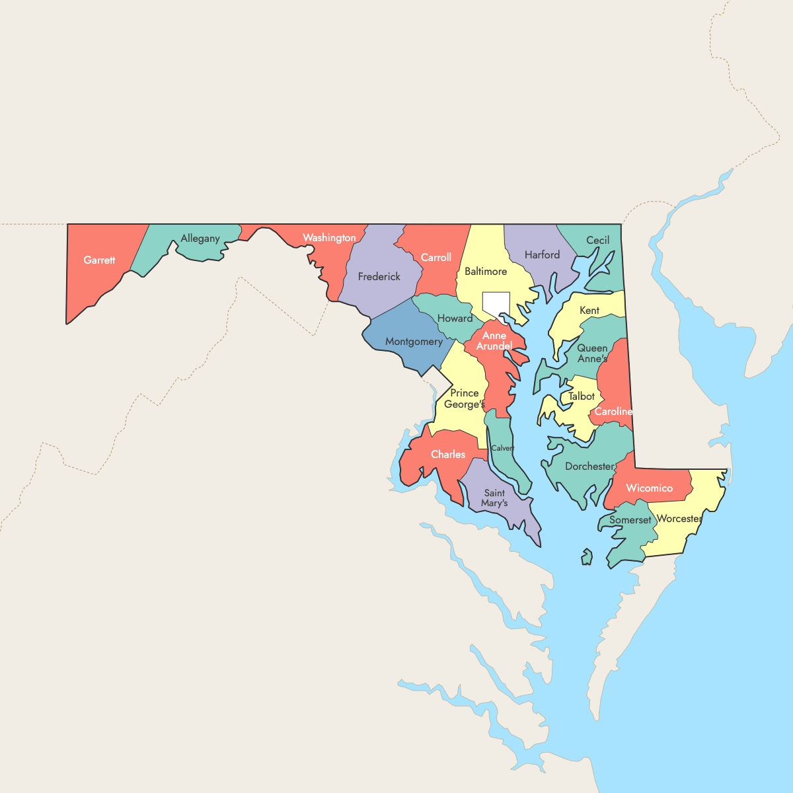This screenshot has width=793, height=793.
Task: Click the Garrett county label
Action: point(99,260)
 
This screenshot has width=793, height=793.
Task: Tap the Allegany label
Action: point(200,239)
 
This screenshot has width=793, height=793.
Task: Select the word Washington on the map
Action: point(329,238)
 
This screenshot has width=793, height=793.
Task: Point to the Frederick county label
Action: point(379,277)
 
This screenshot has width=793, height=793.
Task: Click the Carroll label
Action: point(436,258)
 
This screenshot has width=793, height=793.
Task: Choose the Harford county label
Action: point(542,255)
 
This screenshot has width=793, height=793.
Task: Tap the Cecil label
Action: point(598,241)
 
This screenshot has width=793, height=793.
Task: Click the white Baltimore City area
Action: point(496,303)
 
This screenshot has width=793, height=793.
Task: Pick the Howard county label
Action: point(455,319)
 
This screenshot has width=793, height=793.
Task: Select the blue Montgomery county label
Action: point(414,342)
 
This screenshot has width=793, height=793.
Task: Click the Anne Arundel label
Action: point(494,341)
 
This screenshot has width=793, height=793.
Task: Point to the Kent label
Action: point(589,311)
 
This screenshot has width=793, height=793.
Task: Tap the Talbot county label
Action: point(582,397)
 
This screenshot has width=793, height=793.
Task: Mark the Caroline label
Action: point(613,412)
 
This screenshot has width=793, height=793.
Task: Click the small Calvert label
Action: point(503,448)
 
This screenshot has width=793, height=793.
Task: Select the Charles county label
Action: point(448,455)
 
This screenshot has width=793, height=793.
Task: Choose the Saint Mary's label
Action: point(494,498)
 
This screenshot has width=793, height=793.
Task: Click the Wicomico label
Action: point(649,488)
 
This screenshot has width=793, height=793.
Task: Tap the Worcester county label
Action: point(679,519)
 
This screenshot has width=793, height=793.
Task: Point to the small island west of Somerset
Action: point(586,557)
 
